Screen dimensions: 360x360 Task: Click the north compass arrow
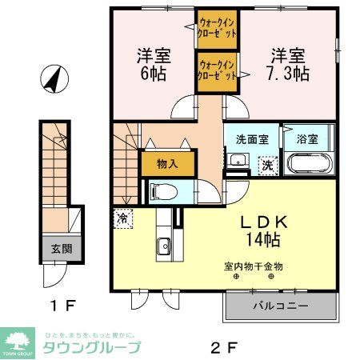(53, 79)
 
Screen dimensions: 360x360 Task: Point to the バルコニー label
(280, 306)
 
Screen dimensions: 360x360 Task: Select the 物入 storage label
(167, 163)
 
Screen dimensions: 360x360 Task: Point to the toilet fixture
(157, 192)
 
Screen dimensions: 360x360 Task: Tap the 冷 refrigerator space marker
(122, 217)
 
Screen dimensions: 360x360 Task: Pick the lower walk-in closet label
(217, 70)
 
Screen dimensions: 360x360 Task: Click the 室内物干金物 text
(254, 266)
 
